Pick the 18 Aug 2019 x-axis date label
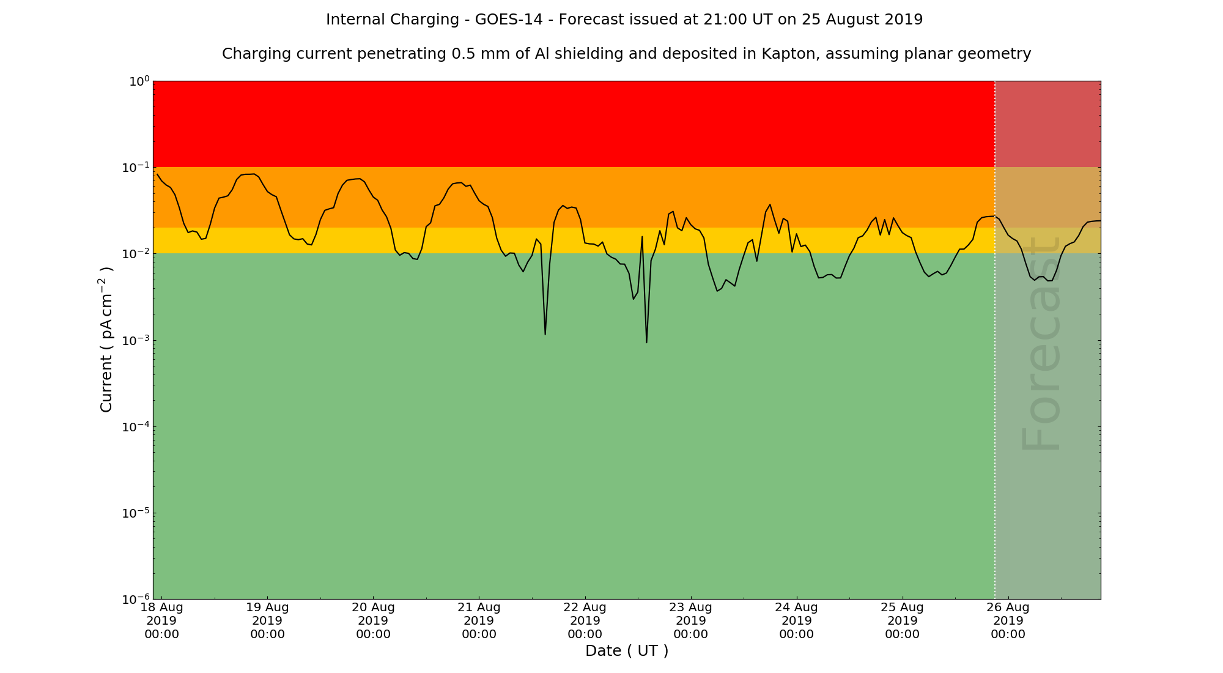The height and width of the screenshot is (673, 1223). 162,620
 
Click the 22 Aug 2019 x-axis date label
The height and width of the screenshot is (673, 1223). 585,620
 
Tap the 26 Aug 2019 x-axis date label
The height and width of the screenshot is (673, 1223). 1008,620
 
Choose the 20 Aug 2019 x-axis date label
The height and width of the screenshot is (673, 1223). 374,620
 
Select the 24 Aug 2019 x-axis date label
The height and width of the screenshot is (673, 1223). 797,620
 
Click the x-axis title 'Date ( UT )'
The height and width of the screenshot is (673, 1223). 627,651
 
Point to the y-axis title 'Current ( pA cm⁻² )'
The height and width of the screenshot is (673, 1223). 106,340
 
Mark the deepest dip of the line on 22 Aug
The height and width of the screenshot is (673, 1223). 646,342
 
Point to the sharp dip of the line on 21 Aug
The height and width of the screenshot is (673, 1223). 545,334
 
